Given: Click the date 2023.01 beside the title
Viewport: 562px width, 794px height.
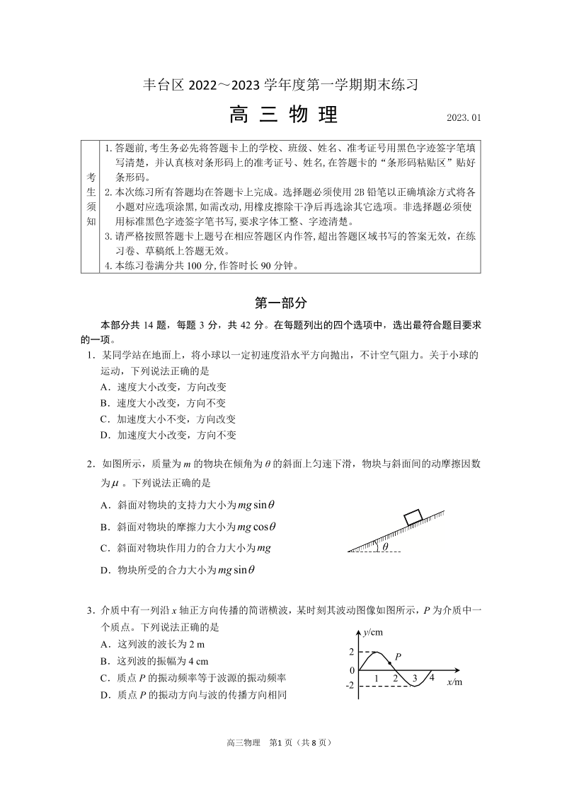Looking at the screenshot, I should [x=464, y=118].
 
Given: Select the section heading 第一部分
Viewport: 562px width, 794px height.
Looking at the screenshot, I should [x=280, y=303].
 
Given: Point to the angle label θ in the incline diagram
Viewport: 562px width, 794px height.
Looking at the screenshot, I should [x=385, y=547].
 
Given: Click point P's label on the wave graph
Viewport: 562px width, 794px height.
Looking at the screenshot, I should [x=398, y=656].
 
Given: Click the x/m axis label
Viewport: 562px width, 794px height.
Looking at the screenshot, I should [x=454, y=682].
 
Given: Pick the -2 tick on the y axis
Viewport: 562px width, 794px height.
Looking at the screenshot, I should [x=350, y=685].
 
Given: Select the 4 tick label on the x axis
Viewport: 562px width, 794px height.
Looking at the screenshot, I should [x=431, y=678].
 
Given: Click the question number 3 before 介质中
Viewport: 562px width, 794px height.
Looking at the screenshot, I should [x=90, y=610].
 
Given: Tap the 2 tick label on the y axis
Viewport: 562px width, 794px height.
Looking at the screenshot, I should [x=352, y=652].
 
